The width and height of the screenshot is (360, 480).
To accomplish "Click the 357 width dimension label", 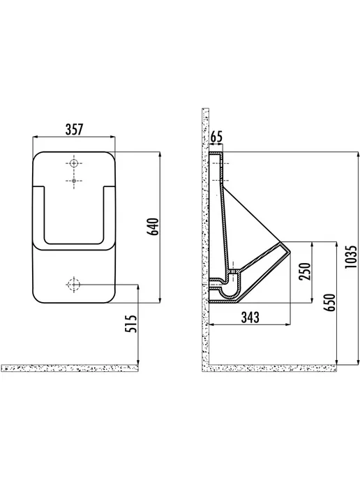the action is tap(75, 129).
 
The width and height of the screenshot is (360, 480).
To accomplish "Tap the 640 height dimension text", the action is tap(153, 226).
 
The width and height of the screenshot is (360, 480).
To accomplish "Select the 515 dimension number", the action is tap(130, 324).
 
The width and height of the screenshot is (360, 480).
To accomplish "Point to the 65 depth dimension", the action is tap(216, 137).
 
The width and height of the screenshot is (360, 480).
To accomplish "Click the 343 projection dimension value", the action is tap(250, 317).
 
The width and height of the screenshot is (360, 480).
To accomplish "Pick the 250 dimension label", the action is tap(305, 271).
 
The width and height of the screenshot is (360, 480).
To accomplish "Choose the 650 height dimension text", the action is tap(330, 303).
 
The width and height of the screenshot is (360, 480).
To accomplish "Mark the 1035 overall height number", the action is tap(351, 257).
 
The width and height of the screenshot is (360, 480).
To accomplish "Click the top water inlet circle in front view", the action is tap(73, 163).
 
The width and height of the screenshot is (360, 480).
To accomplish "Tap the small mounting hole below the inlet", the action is tap(73, 181).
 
